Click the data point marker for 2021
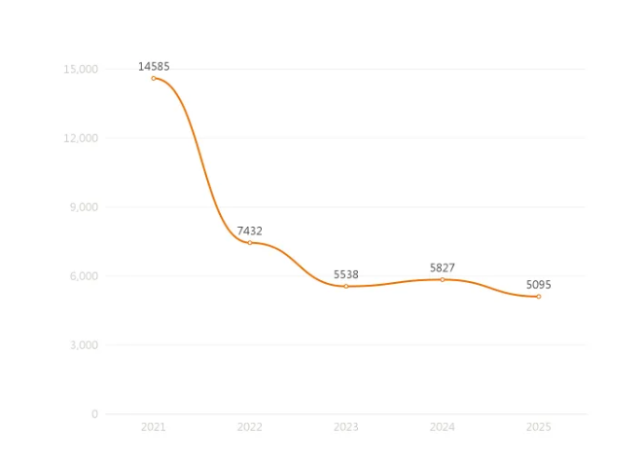154,78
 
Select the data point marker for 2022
250,242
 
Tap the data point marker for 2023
346,286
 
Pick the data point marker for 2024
443,279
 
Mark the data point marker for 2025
539,296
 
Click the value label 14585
154,66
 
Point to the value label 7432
250,231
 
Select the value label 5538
346,274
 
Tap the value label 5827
443,267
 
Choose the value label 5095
539,284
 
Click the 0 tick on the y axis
94,414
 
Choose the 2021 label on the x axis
154,427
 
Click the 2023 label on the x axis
346,427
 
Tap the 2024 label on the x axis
443,427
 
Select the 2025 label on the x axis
539,427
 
